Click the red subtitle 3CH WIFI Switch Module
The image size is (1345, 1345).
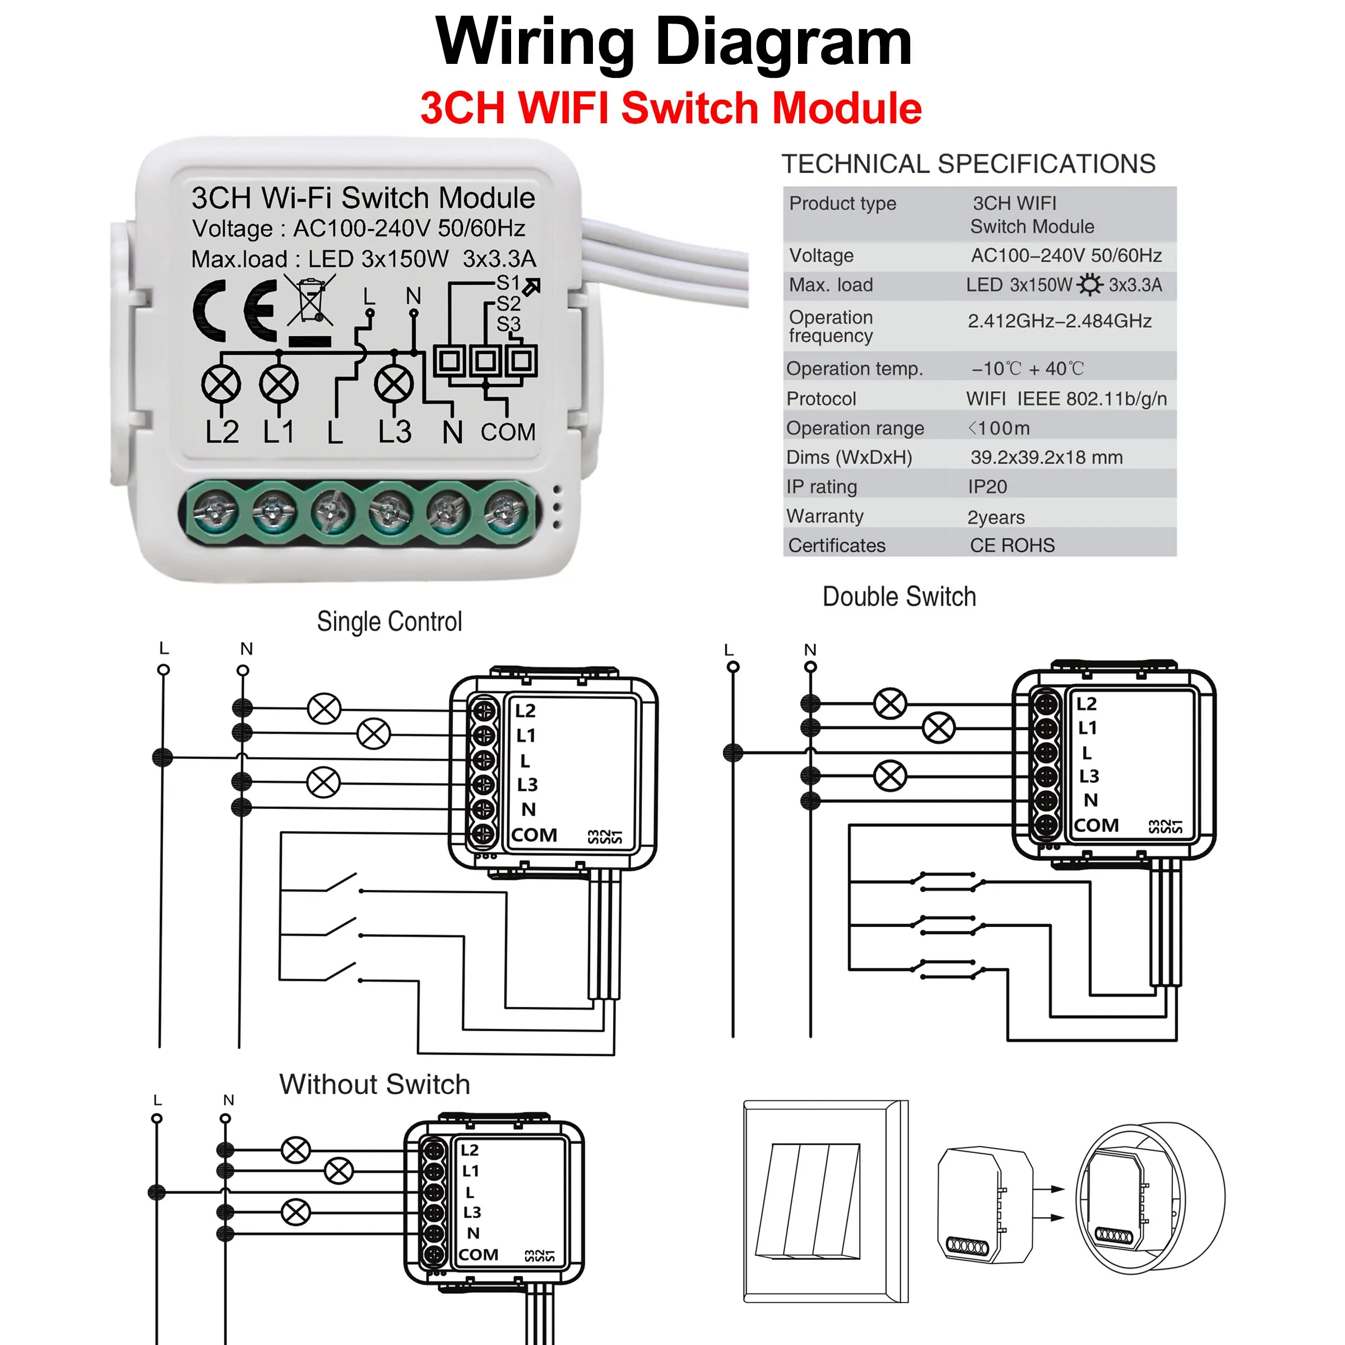(x=671, y=109)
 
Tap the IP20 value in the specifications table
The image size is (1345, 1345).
(x=987, y=486)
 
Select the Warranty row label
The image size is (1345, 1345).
(x=825, y=516)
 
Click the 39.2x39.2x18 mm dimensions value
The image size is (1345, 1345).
(x=1046, y=457)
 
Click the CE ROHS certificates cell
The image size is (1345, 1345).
(x=1012, y=545)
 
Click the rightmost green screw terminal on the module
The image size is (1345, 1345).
(x=506, y=512)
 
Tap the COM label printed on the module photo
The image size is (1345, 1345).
(x=508, y=432)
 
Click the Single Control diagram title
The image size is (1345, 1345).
(x=389, y=622)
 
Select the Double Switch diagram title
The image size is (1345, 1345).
(x=899, y=597)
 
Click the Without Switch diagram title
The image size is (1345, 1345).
(x=374, y=1084)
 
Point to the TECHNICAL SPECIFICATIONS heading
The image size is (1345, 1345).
(x=968, y=164)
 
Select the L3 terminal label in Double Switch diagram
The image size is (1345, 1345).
(x=1089, y=776)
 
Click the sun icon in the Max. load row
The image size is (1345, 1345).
(x=1089, y=285)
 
